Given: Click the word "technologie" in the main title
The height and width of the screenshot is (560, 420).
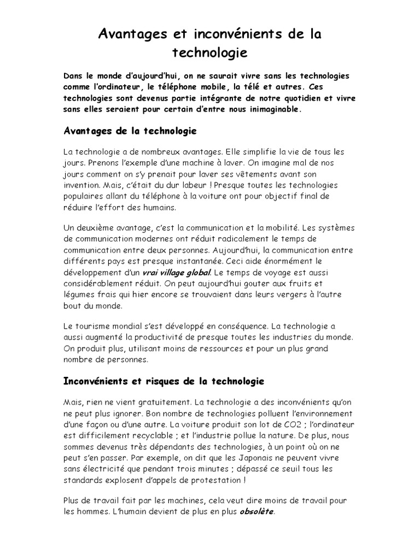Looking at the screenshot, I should pos(210,52).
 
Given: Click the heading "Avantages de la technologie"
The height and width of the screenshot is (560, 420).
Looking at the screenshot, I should pos(130,132).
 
